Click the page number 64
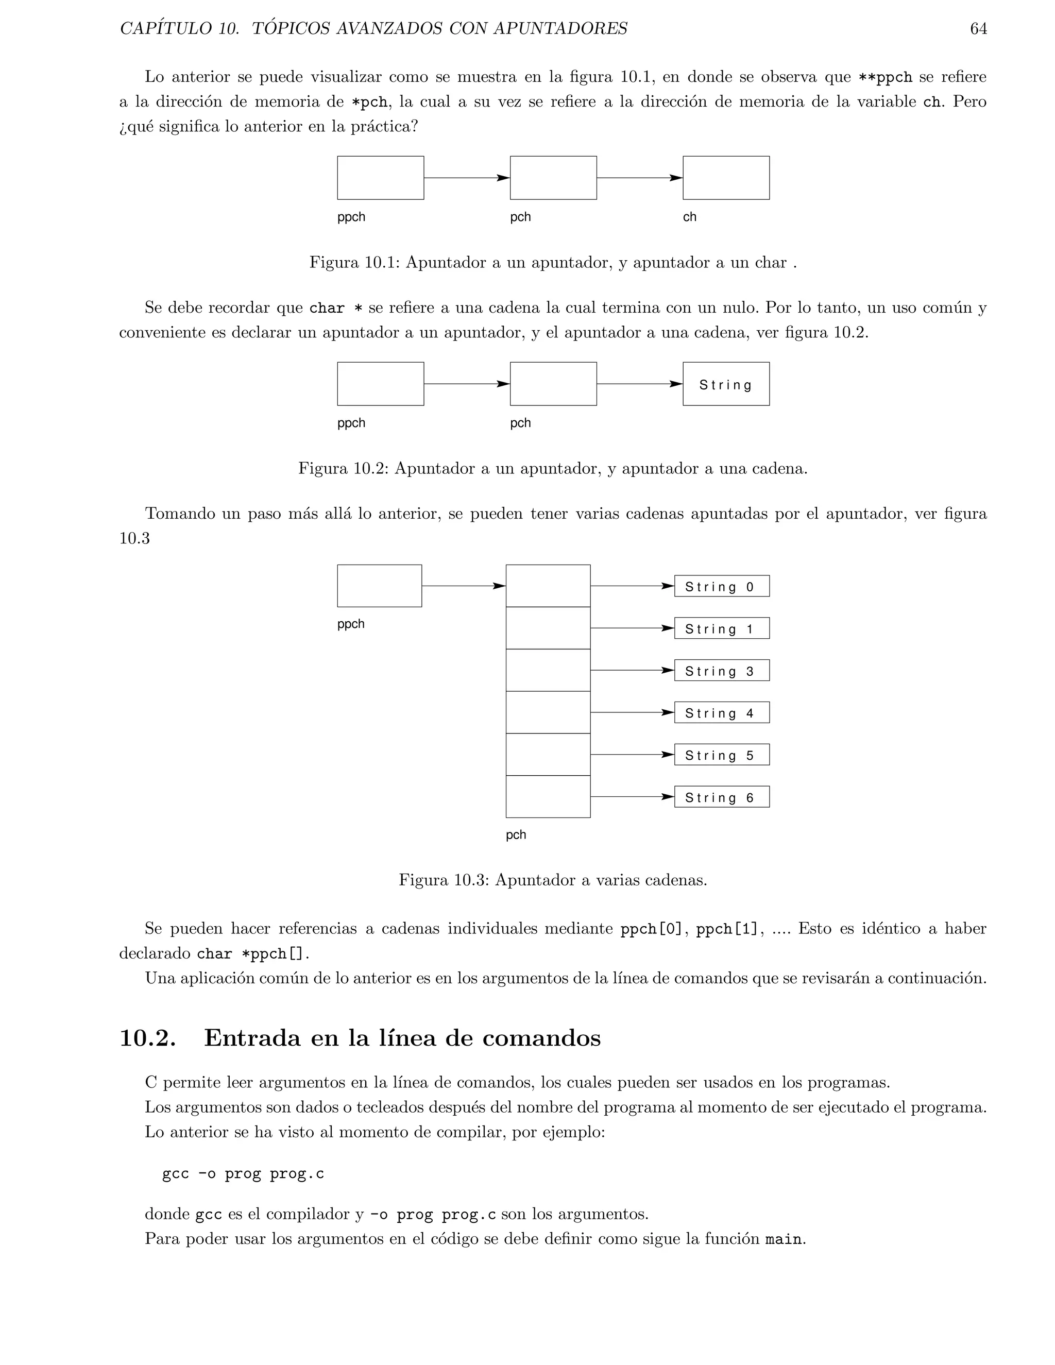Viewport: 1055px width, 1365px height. tap(978, 29)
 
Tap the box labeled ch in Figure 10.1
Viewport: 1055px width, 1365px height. tap(726, 178)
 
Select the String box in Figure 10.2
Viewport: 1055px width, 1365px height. tap(726, 384)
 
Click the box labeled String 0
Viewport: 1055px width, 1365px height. tap(721, 586)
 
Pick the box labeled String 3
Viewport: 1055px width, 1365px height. tap(721, 671)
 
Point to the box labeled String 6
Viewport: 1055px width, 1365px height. tap(721, 797)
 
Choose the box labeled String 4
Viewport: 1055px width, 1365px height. tap(721, 712)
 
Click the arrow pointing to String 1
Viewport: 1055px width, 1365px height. tap(632, 628)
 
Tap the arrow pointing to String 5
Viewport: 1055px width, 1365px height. tap(632, 755)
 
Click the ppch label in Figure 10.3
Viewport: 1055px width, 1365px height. tap(351, 624)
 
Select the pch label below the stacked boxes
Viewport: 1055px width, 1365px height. tap(516, 835)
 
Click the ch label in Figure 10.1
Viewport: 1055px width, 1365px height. tap(689, 217)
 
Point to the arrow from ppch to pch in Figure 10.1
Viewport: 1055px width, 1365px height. tap(466, 178)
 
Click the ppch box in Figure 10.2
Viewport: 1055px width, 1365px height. tap(380, 384)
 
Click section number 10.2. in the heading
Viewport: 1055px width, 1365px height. tap(147, 1038)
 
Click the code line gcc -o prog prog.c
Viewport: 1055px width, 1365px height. tap(243, 1174)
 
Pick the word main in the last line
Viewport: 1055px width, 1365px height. tap(783, 1239)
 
